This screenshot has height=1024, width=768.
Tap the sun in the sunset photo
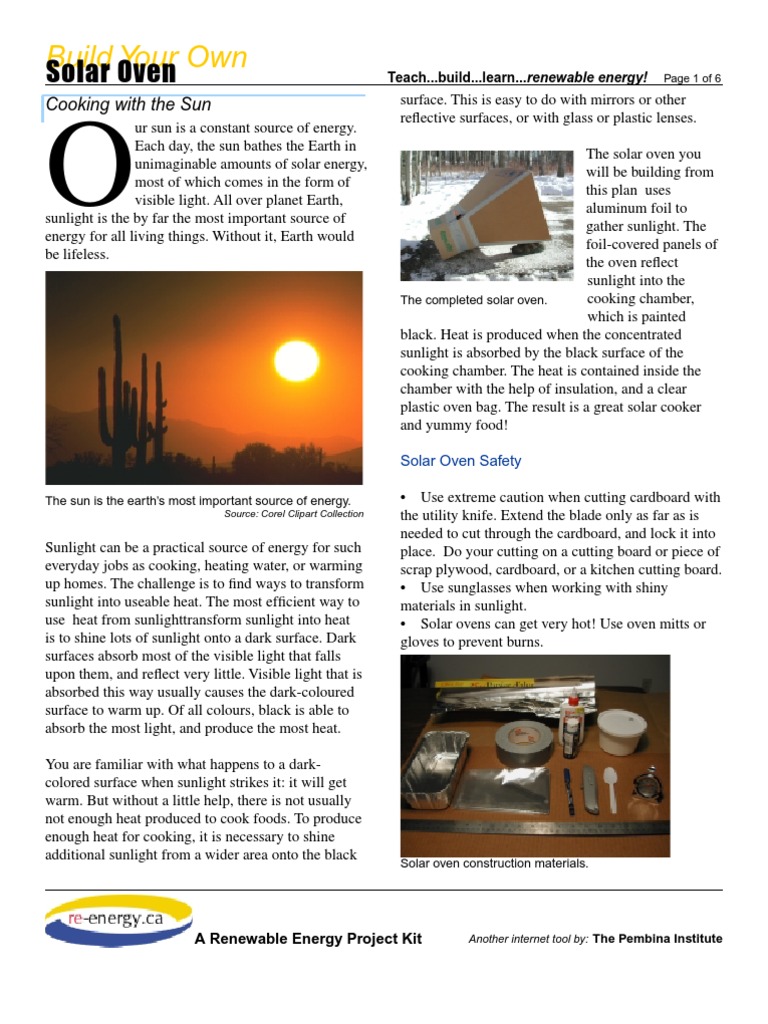coord(296,360)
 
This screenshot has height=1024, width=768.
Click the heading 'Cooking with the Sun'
coord(127,104)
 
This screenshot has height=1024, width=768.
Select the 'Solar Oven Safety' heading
coord(460,461)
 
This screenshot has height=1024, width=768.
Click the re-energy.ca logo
coord(118,921)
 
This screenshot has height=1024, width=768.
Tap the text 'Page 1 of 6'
coord(692,78)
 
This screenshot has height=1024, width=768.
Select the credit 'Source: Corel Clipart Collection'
coord(294,514)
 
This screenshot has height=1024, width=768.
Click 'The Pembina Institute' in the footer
coord(657,939)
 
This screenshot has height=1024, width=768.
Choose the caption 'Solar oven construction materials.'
coord(494,864)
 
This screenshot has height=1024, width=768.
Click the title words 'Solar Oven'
coord(111,72)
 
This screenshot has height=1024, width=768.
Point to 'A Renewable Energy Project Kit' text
coord(308,939)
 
